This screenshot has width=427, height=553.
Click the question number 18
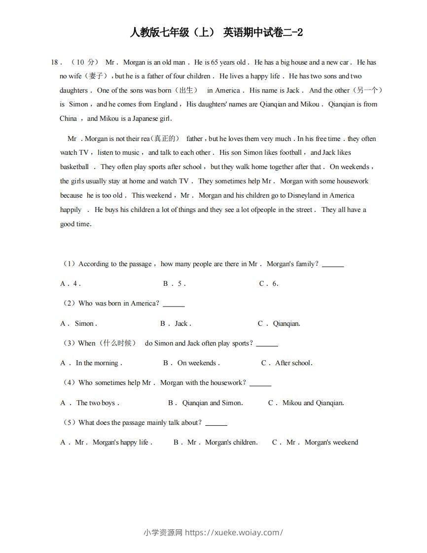pyautogui.click(x=55, y=63)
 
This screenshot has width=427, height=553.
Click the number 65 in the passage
pyautogui.click(x=214, y=63)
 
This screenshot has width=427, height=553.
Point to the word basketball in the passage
pyautogui.click(x=74, y=167)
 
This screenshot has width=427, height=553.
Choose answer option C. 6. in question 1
pyautogui.click(x=269, y=284)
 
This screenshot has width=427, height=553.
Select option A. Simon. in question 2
pyautogui.click(x=79, y=324)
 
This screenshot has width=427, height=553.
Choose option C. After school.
pyautogui.click(x=287, y=363)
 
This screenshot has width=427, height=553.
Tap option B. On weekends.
pyautogui.click(x=191, y=363)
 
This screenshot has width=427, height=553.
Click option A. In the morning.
pyautogui.click(x=91, y=363)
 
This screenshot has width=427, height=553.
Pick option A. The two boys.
pyautogui.click(x=90, y=403)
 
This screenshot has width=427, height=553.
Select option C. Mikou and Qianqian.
pyautogui.click(x=306, y=403)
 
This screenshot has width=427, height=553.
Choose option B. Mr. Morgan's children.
pyautogui.click(x=215, y=443)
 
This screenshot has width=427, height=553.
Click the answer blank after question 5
pyautogui.click(x=216, y=424)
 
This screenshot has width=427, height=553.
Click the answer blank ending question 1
pyautogui.click(x=333, y=266)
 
